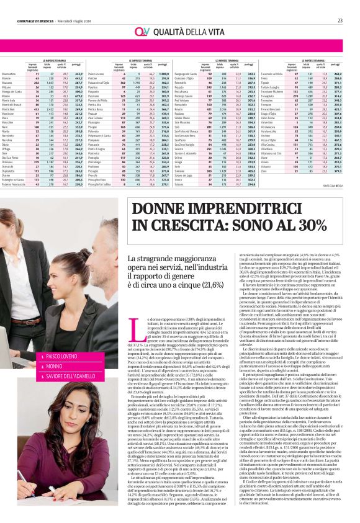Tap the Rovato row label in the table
coord(189,105)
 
